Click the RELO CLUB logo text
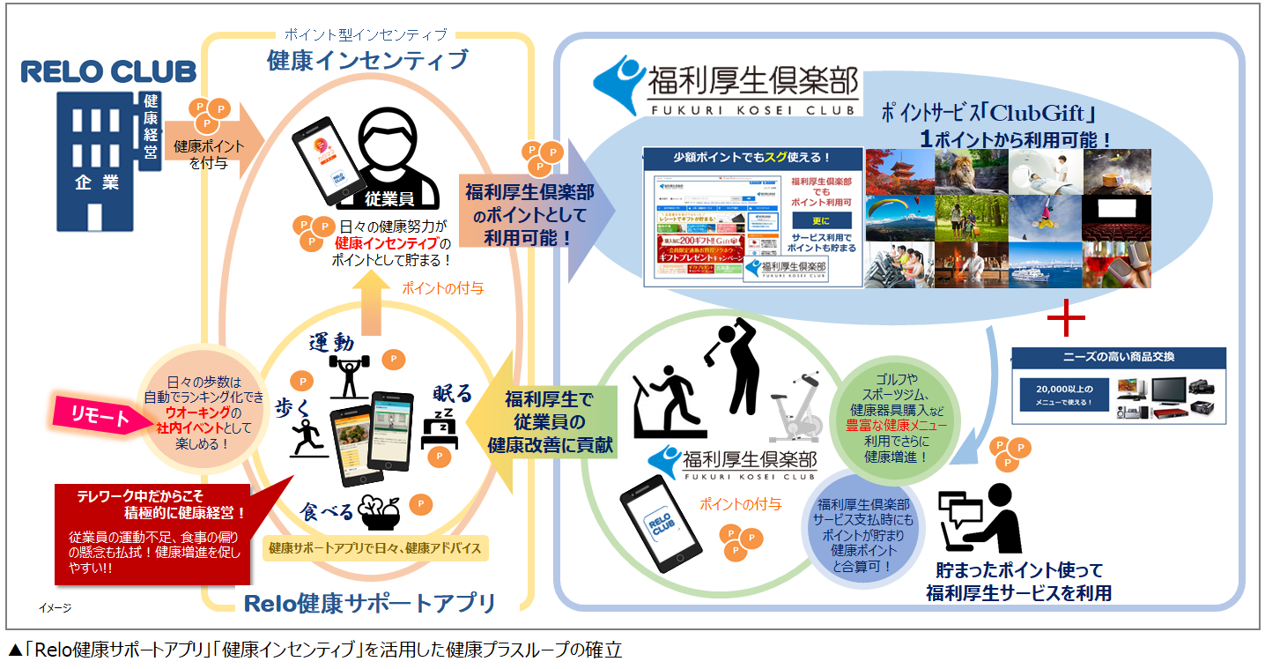[x=109, y=71]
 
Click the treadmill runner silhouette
[x=669, y=400]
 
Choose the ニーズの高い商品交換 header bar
[x=1117, y=358]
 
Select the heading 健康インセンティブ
[x=367, y=61]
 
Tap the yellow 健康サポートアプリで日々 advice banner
[x=375, y=548]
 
